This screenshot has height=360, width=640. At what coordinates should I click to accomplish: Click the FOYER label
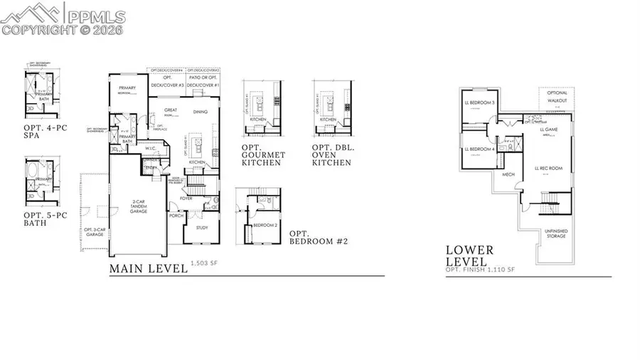pyautogui.click(x=186, y=198)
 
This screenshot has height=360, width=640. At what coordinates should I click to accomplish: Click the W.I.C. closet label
pyautogui.click(x=151, y=149)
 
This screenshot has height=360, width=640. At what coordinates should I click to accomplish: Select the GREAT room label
pyautogui.click(x=170, y=110)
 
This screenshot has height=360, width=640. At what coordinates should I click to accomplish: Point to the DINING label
pyautogui.click(x=201, y=112)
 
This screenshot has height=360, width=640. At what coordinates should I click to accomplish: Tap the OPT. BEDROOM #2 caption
pyautogui.click(x=318, y=238)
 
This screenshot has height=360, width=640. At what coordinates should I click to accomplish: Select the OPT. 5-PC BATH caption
pyautogui.click(x=41, y=218)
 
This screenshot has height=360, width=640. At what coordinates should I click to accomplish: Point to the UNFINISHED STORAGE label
pyautogui.click(x=556, y=233)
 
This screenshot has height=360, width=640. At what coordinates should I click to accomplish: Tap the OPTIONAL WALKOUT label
pyautogui.click(x=557, y=97)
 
